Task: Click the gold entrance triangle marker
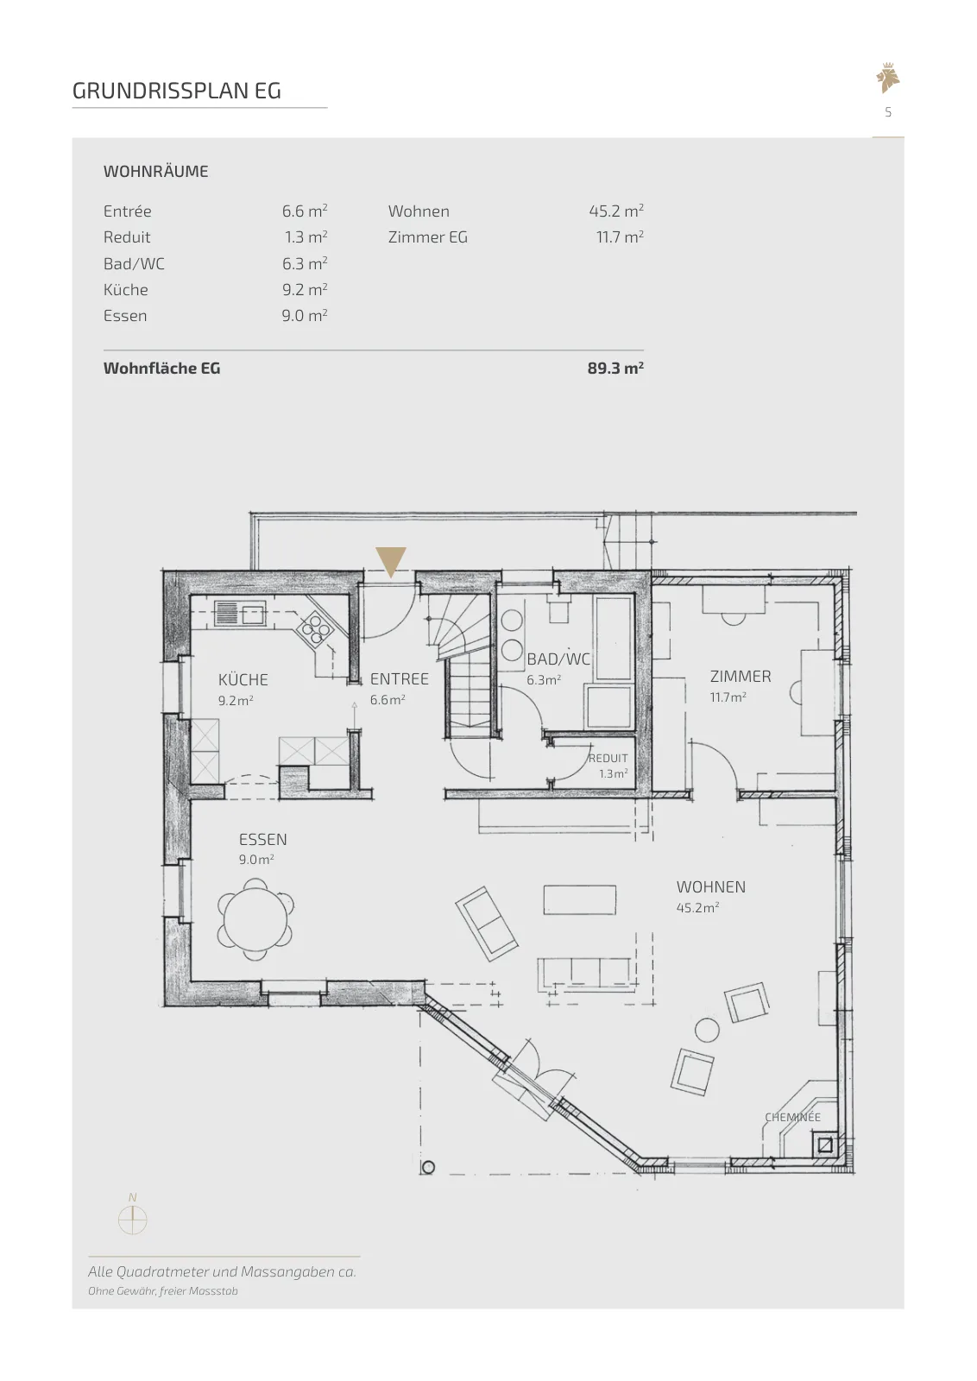pyautogui.click(x=391, y=560)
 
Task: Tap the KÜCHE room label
pyautogui.click(x=243, y=679)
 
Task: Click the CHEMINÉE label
pyautogui.click(x=792, y=1117)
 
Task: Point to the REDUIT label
pyautogui.click(x=608, y=759)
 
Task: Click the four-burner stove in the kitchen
pyautogui.click(x=315, y=629)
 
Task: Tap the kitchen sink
pyautogui.click(x=240, y=614)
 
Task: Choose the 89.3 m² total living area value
pyautogui.click(x=615, y=368)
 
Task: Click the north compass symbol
pyautogui.click(x=133, y=1220)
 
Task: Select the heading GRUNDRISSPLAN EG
pyautogui.click(x=176, y=91)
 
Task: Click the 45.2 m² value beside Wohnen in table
pyautogui.click(x=615, y=211)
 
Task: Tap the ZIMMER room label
pyautogui.click(x=741, y=677)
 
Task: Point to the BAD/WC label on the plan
pyautogui.click(x=558, y=659)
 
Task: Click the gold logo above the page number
pyautogui.click(x=887, y=79)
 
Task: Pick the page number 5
pyautogui.click(x=888, y=112)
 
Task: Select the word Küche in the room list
pyautogui.click(x=126, y=290)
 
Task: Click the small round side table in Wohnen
pyautogui.click(x=706, y=1031)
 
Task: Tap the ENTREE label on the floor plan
pyautogui.click(x=399, y=678)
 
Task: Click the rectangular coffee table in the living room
pyautogui.click(x=579, y=899)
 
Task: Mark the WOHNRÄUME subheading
pyautogui.click(x=156, y=172)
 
